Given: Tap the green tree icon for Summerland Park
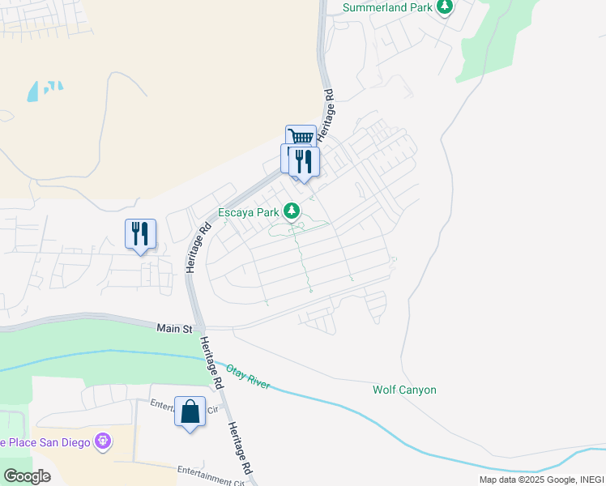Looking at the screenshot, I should pos(444,7).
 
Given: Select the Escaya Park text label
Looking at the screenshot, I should pos(248,214).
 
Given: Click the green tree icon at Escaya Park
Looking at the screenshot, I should pos(292,212).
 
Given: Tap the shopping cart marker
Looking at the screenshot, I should pos(301,139).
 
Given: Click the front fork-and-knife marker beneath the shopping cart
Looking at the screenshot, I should pos(305,161).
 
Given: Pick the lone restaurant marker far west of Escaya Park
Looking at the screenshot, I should pos(140,234).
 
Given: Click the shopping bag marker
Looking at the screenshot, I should pos(190,411).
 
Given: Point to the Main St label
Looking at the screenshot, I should pos(175,329).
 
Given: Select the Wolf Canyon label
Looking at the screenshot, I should pos(404,390).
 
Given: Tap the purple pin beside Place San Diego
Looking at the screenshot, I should pos(102,441).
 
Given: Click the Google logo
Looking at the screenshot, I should pos(27,475).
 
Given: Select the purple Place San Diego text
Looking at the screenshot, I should pos(45,442).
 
